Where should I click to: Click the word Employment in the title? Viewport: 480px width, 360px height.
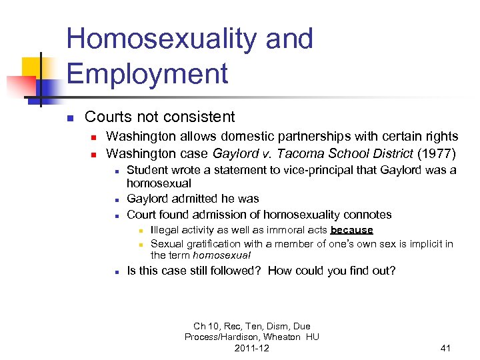(147, 73)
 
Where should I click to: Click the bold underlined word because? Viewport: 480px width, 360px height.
(351, 230)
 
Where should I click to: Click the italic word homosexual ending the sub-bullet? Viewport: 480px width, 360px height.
(222, 255)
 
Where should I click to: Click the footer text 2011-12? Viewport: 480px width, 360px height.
(252, 348)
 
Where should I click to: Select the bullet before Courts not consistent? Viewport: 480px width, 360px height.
(69, 119)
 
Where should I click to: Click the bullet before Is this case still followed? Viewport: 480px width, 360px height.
(116, 272)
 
